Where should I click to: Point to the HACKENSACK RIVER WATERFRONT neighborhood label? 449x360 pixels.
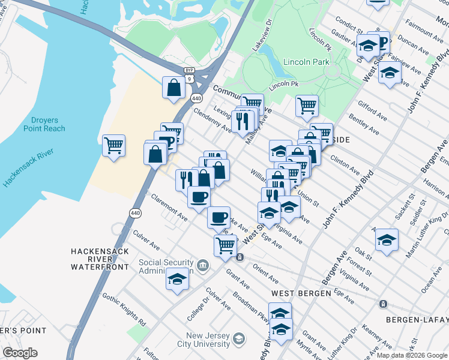tap(100, 258)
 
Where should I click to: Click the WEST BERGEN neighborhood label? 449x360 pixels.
tap(301, 293)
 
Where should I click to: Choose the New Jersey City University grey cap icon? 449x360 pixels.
tap(239, 340)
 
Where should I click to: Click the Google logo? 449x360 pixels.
tap(20, 353)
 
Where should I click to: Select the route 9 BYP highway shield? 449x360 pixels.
tap(190, 74)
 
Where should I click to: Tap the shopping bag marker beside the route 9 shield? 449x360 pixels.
tap(173, 88)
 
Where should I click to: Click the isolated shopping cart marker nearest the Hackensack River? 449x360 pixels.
tap(113, 145)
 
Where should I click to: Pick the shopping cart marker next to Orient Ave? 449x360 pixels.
tap(225, 245)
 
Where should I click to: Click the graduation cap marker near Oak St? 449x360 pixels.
tap(387, 241)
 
